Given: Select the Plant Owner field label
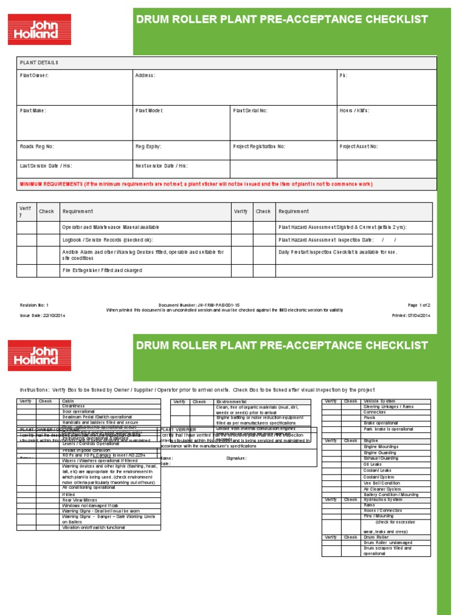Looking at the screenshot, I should (34, 75).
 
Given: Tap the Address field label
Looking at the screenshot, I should (145, 75).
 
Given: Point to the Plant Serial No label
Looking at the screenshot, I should (250, 111).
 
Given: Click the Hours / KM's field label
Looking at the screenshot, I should (354, 111).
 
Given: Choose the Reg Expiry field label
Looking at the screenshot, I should (149, 146).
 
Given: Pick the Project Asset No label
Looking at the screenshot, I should (359, 146).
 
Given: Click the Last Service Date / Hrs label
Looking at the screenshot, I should (46, 165).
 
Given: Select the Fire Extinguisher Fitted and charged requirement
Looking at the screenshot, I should (102, 271).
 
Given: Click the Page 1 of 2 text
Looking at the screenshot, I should (419, 305).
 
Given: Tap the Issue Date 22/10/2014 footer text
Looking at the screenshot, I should (43, 315).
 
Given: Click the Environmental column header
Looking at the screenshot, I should (231, 401).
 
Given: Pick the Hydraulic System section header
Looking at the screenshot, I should (386, 500).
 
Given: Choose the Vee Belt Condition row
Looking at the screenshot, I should (381, 483).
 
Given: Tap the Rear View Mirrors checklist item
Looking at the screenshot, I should (80, 500).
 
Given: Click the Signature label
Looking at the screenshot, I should (236, 458).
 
